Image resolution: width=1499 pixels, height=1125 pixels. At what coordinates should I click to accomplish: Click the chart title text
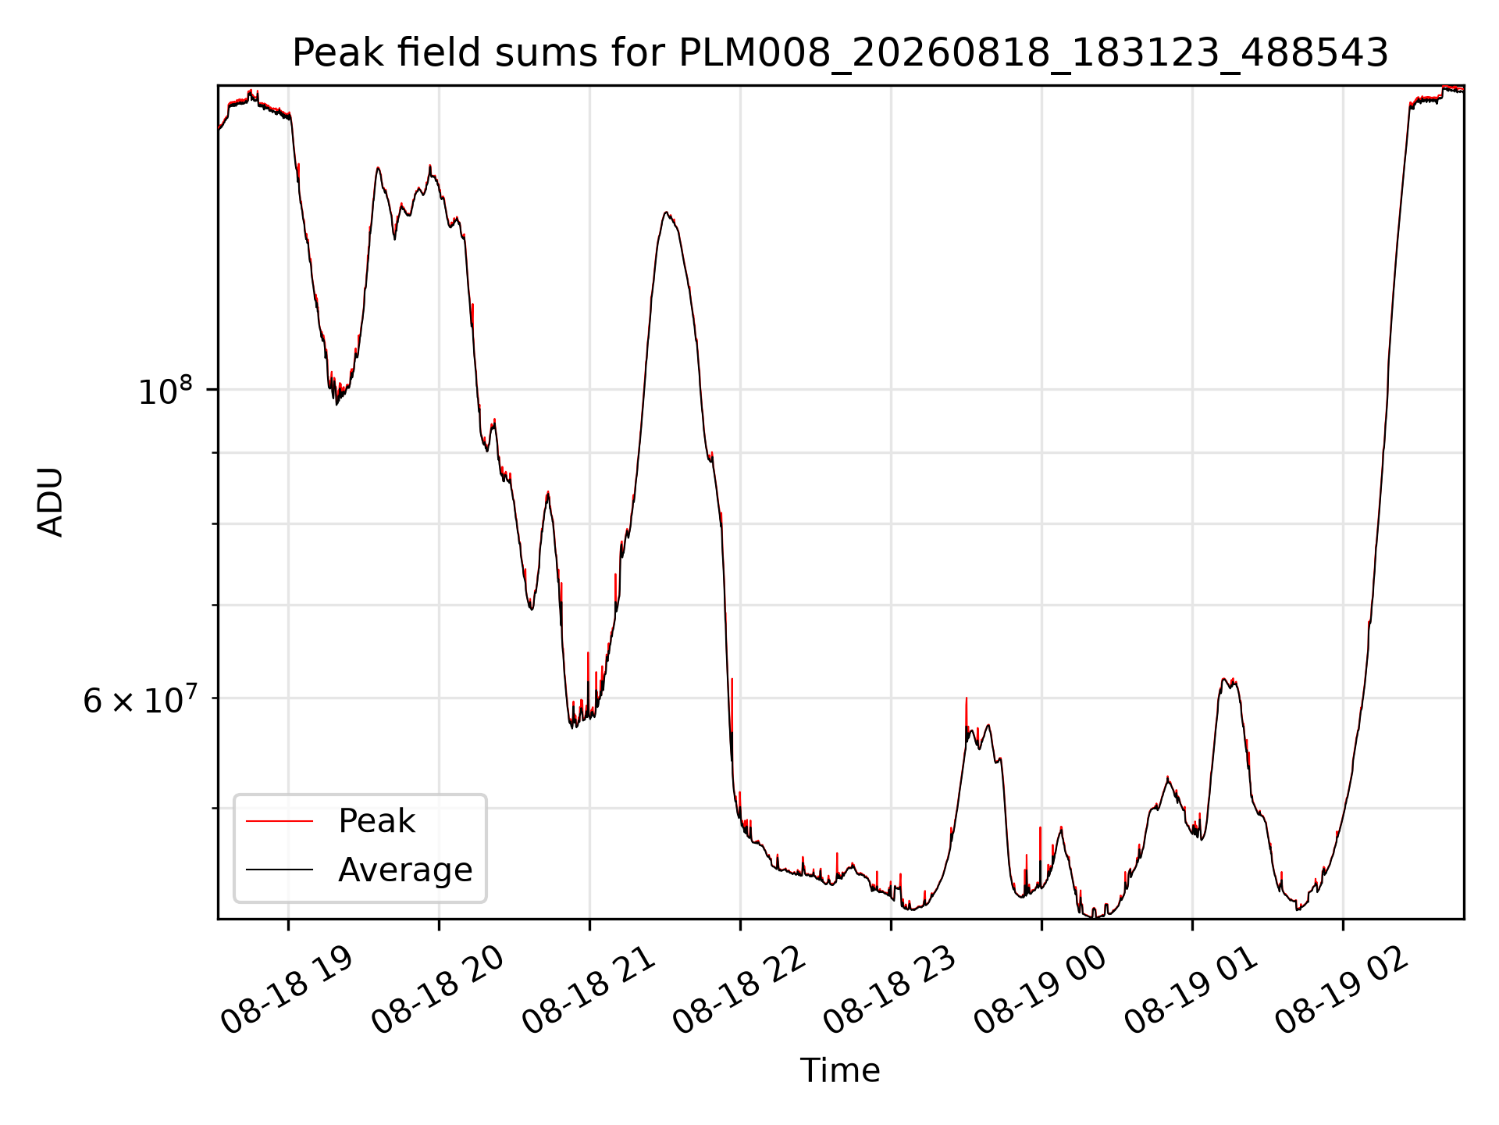pos(840,53)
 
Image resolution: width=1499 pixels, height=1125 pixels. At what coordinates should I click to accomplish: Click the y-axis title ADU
pos(51,502)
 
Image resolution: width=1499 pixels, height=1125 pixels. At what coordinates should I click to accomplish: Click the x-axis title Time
pos(840,1070)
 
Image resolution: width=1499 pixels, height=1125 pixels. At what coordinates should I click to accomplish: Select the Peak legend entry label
pos(376,821)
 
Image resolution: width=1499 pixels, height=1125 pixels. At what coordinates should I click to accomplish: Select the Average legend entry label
pos(405,870)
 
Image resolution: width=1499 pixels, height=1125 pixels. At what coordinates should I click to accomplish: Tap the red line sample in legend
pos(280,821)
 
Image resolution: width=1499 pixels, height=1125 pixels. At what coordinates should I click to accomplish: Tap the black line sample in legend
pos(280,870)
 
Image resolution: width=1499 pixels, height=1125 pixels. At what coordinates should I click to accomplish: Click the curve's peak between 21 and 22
pos(665,212)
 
